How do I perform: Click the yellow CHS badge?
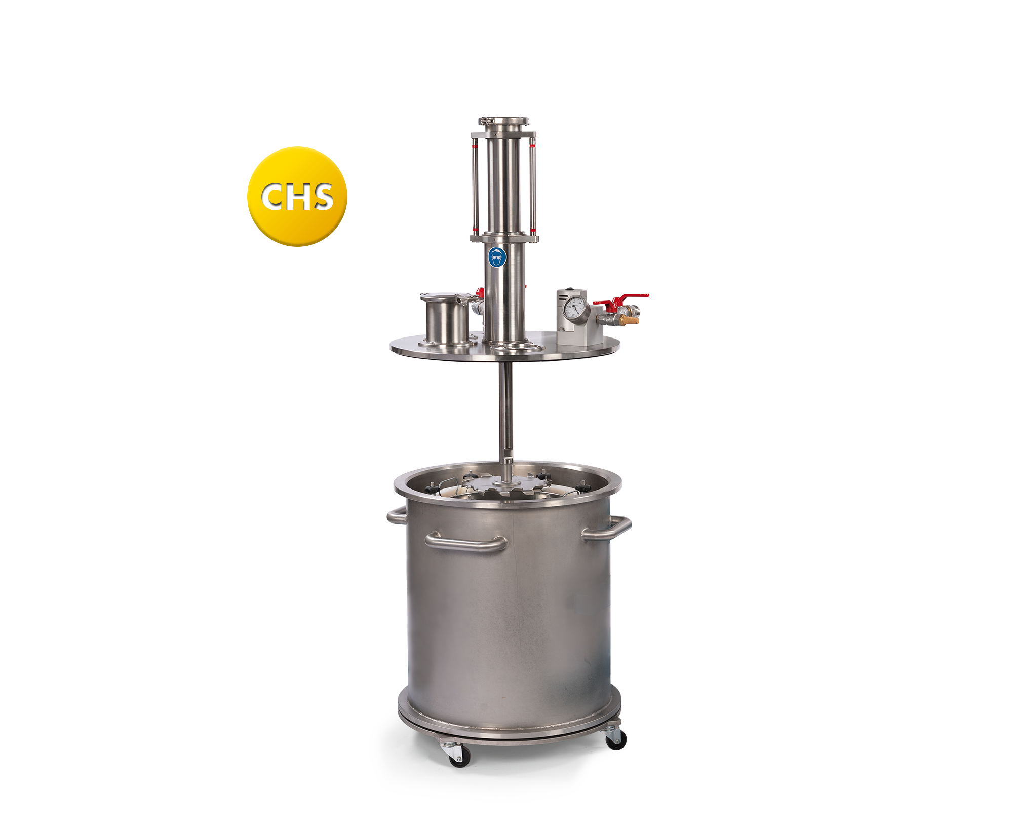(297, 197)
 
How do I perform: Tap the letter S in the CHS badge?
(321, 197)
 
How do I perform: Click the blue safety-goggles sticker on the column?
(497, 257)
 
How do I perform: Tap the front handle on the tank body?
(465, 542)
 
